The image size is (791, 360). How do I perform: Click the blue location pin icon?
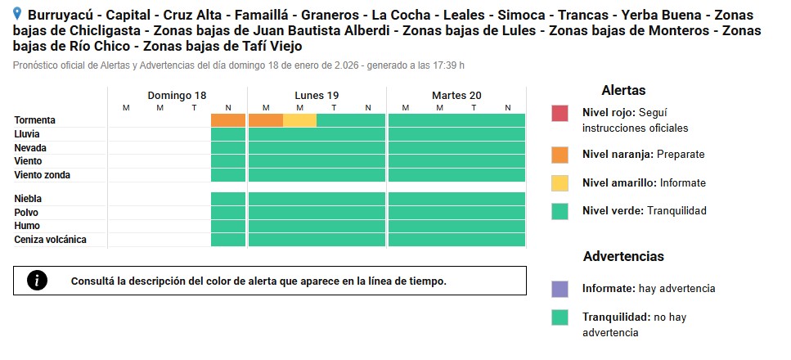[x=18, y=14]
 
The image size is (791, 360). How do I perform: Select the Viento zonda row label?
[x=43, y=175]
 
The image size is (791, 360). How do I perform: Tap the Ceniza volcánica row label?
[x=50, y=240]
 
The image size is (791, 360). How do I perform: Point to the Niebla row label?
[x=28, y=199]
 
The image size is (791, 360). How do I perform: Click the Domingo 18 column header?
[x=177, y=95]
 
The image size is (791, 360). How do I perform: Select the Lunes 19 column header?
[x=317, y=95]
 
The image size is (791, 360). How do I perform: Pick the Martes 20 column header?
[x=456, y=95]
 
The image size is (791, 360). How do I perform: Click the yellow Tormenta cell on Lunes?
[x=299, y=120]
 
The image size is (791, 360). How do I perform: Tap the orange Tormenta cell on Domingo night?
[x=228, y=120]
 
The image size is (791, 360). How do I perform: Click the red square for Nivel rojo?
[x=560, y=113]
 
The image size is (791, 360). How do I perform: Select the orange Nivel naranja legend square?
[x=560, y=154]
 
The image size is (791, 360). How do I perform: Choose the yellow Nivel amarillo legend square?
[x=560, y=182]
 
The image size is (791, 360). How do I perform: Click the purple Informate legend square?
[x=560, y=289]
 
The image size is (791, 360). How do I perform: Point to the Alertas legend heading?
[x=623, y=90]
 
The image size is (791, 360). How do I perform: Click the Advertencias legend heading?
[x=623, y=257]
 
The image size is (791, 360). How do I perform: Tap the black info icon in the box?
[x=37, y=281]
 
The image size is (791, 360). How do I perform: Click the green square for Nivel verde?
[x=560, y=211]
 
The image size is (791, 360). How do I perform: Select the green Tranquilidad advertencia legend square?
[x=560, y=317]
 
